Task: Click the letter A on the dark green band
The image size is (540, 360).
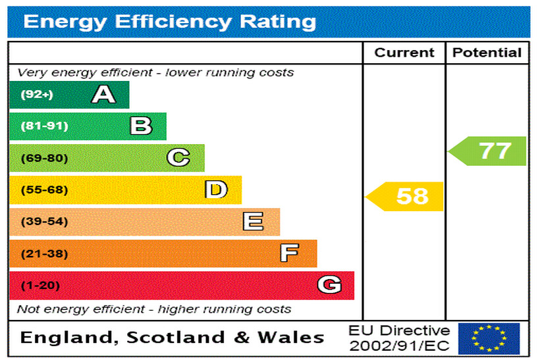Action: (x=103, y=95)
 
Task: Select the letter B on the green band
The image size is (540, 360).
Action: (x=141, y=126)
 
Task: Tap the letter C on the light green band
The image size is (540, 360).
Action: (x=178, y=158)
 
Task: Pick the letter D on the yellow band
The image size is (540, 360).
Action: (x=216, y=190)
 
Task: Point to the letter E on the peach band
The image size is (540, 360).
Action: (x=253, y=222)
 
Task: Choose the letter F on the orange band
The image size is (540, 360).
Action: (x=289, y=253)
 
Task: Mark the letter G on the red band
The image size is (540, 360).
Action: (x=329, y=285)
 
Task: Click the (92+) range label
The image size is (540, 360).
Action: (x=37, y=95)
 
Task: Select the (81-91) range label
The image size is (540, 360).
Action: (x=44, y=126)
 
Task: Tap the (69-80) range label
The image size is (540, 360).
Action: (x=44, y=158)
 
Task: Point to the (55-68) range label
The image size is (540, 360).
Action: (x=44, y=190)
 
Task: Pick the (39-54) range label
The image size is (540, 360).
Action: (x=44, y=222)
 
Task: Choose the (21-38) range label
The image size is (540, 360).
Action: (x=44, y=253)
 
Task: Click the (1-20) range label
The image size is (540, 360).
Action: (x=40, y=286)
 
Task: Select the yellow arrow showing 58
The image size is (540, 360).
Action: (x=406, y=196)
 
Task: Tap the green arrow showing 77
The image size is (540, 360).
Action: (x=489, y=151)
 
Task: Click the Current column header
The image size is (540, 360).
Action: (x=404, y=53)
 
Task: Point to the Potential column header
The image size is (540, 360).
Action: (x=487, y=53)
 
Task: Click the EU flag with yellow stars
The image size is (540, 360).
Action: (x=489, y=338)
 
